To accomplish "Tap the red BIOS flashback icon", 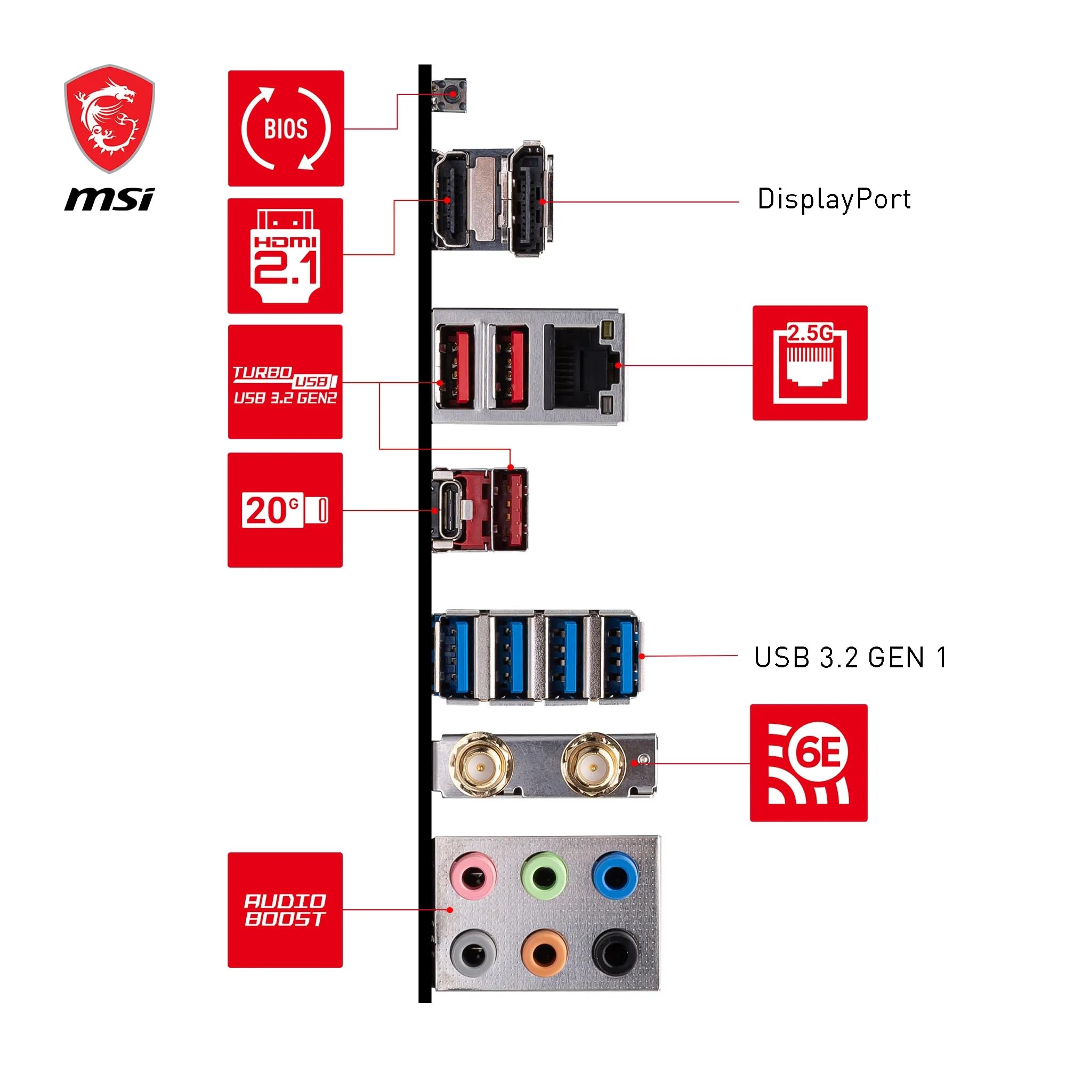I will [286, 128].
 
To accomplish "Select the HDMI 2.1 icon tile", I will [285, 256].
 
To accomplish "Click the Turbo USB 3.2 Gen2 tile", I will [285, 382].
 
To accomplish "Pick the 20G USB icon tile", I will [285, 510].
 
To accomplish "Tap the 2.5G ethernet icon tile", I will [810, 362].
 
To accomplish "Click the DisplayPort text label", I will [834, 199].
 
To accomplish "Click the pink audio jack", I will [472, 875].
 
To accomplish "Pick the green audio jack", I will [544, 875].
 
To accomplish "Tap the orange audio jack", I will [544, 953].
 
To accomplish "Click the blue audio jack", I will [615, 875].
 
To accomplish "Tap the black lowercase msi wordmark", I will [109, 199].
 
